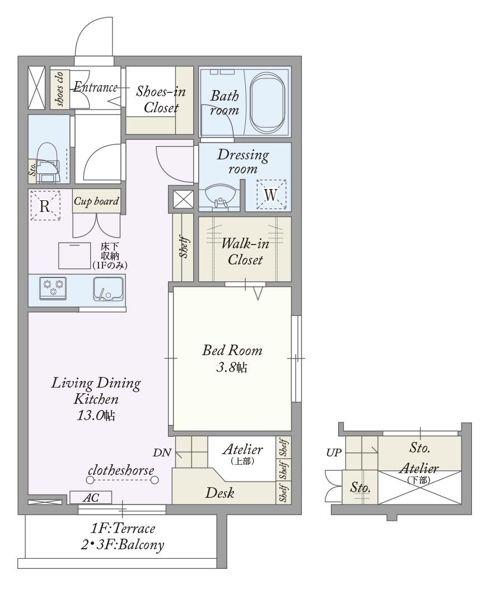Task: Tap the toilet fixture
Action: [x=48, y=162]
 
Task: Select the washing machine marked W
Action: [x=271, y=195]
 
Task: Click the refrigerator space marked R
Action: [x=45, y=206]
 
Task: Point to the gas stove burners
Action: [x=53, y=288]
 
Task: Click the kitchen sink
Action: [x=108, y=289]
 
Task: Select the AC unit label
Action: [x=91, y=498]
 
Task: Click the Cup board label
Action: [x=96, y=201]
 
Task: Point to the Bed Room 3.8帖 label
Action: [x=232, y=359]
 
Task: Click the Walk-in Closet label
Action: [x=245, y=251]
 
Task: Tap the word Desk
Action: [x=220, y=493]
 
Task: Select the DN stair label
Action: [x=162, y=453]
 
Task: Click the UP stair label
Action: [x=334, y=453]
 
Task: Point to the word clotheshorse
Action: [x=121, y=470]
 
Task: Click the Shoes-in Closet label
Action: [x=161, y=100]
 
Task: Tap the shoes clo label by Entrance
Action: [x=59, y=88]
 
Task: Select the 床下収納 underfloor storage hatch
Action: [x=74, y=256]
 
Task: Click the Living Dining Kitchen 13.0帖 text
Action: [x=96, y=399]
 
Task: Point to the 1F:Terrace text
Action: [x=123, y=529]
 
